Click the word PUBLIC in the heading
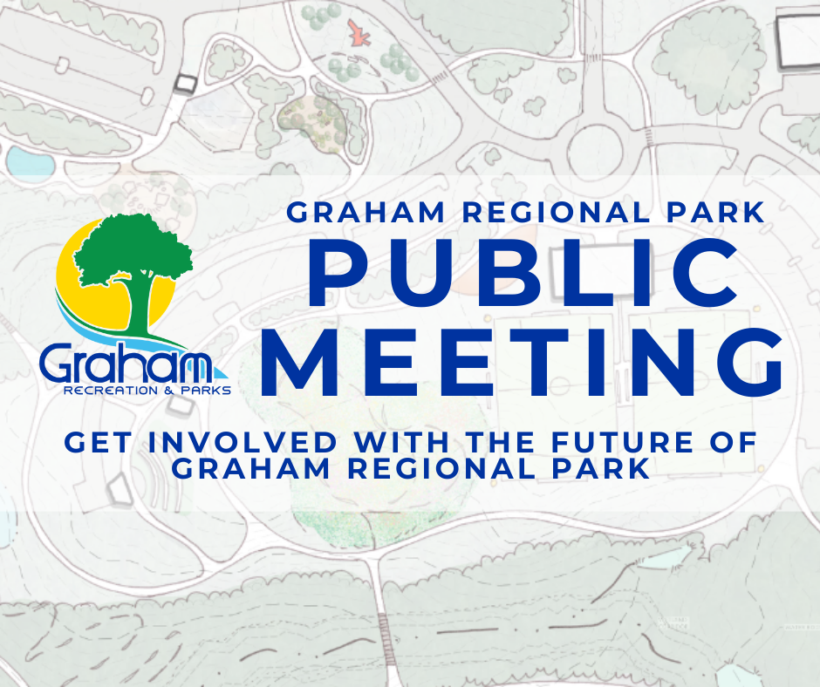tap(523, 273)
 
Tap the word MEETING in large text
tap(522, 363)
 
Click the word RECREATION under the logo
tap(110, 391)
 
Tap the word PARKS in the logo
tap(206, 391)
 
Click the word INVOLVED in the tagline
tap(243, 442)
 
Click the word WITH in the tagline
tap(401, 442)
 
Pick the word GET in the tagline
tap(98, 442)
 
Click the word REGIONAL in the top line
tap(557, 212)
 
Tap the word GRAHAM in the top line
tap(366, 212)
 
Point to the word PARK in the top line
tap(716, 212)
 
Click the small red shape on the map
tap(359, 33)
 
